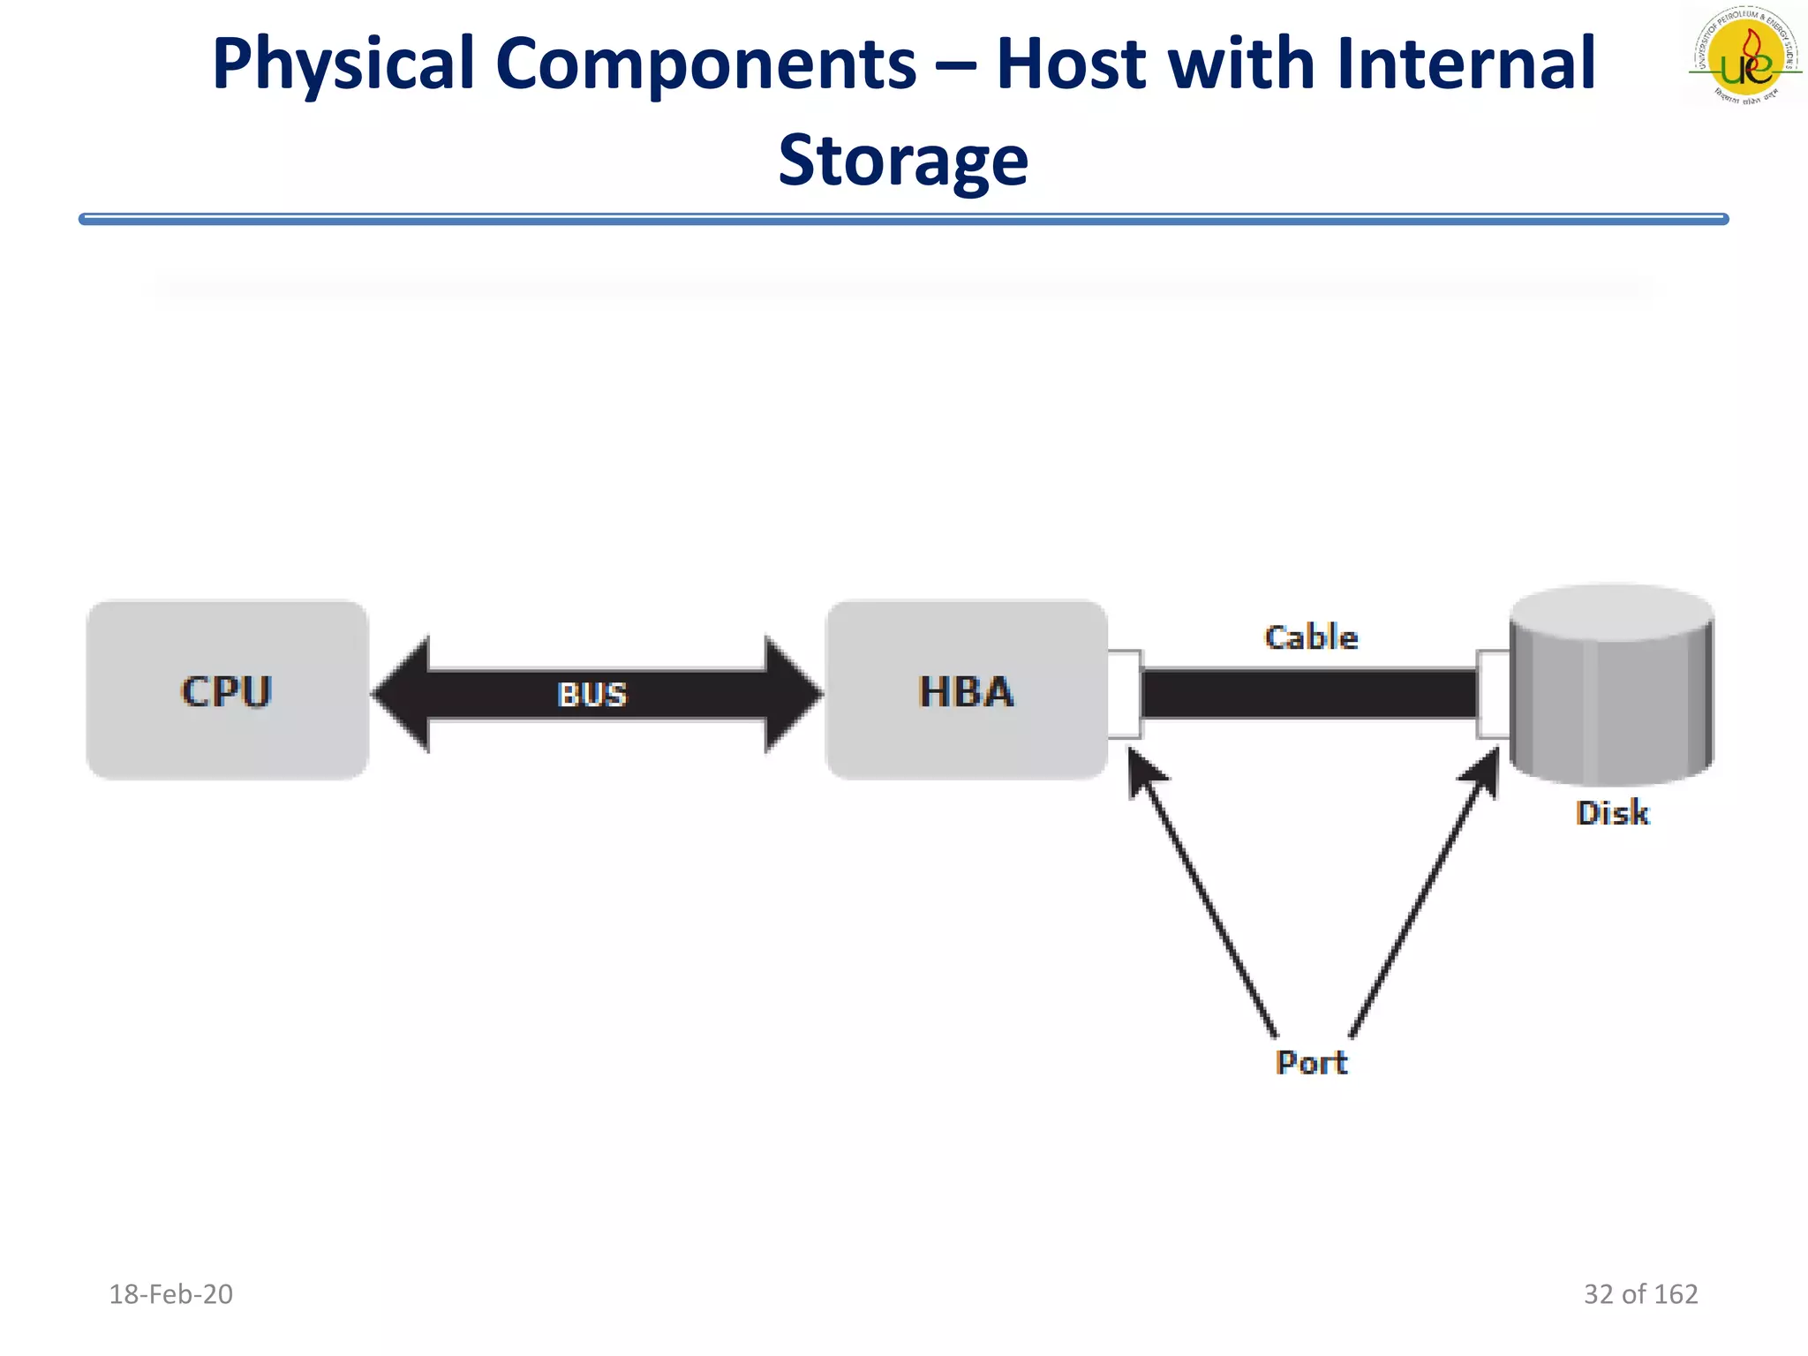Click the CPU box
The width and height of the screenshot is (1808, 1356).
point(227,690)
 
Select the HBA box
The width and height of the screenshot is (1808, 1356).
point(966,690)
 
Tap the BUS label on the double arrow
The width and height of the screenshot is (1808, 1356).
point(592,695)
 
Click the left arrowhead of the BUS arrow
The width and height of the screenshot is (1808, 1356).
point(402,694)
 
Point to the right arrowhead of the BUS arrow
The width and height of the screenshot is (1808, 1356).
point(792,694)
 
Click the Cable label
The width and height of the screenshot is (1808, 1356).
point(1310,637)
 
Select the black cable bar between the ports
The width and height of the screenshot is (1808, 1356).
point(1308,694)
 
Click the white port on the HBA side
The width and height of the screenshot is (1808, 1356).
point(1124,694)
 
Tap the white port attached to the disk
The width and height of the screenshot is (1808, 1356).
point(1493,694)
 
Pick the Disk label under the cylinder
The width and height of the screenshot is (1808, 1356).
point(1612,813)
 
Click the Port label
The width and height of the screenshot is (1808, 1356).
point(1311,1062)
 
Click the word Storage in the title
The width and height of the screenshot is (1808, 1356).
point(903,161)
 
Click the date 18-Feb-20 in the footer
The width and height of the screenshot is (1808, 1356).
point(170,1294)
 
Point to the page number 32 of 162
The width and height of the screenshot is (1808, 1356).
point(1640,1294)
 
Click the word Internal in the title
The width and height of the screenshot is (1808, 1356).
point(1465,64)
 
